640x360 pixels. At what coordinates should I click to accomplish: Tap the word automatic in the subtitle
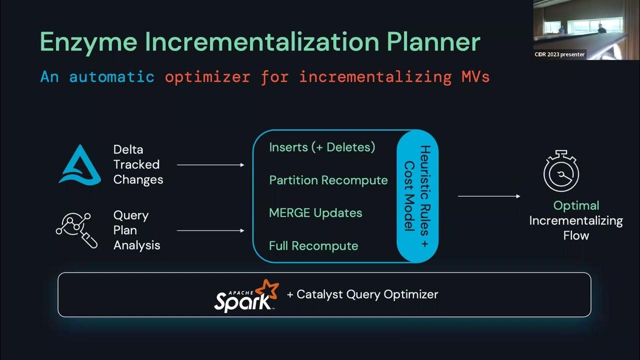point(111,77)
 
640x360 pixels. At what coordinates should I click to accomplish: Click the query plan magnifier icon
point(76,230)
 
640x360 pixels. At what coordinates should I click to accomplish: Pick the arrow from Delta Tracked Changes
point(210,164)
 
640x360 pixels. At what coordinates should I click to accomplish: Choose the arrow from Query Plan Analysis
point(210,230)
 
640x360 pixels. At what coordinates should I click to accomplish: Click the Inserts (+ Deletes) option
point(322,147)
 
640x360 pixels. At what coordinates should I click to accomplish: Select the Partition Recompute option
point(328,180)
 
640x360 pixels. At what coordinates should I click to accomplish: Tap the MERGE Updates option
point(315,213)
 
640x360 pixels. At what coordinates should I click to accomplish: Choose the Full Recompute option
point(313,246)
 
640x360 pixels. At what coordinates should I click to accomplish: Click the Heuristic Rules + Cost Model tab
point(417,195)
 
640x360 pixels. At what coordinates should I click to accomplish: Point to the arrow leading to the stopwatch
point(488,196)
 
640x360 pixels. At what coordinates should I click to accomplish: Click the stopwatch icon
point(561,171)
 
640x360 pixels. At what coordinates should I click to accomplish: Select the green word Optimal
point(576,205)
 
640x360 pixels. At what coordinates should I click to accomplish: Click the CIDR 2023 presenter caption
point(559,54)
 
